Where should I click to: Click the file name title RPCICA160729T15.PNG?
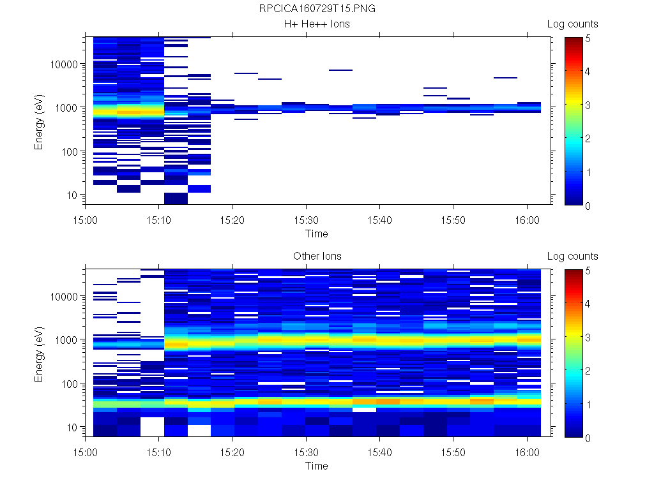(317, 10)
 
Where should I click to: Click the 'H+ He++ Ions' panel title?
(317, 24)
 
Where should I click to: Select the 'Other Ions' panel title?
(317, 256)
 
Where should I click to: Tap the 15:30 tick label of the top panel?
(307, 218)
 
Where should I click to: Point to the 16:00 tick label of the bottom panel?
(527, 450)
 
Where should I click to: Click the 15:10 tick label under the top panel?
(159, 218)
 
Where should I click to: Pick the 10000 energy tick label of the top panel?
(65, 64)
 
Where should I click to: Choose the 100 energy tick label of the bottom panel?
(70, 383)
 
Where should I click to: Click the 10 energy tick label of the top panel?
(72, 195)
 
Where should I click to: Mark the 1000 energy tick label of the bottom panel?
(67, 340)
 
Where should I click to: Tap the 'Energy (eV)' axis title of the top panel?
(40, 122)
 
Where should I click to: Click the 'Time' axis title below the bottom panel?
(317, 466)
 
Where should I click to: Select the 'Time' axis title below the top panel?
(317, 234)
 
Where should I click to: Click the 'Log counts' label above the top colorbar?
(572, 24)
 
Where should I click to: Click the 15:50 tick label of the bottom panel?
(453, 450)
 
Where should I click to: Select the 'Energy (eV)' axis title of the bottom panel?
(40, 355)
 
